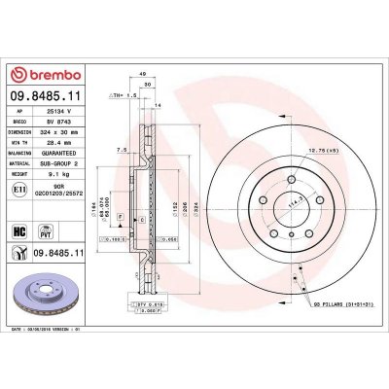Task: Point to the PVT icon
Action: [x=45, y=231]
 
